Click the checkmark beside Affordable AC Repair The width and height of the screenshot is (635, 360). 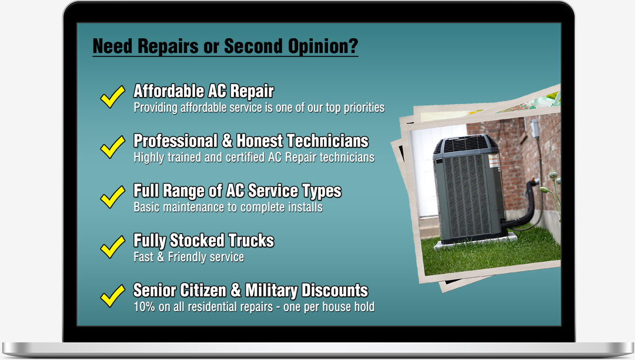click(112, 97)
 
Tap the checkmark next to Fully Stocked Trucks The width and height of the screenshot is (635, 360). click(112, 246)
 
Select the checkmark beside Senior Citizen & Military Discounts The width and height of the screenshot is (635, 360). click(112, 296)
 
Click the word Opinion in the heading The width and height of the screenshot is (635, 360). click(323, 46)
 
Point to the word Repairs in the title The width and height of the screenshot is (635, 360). click(168, 46)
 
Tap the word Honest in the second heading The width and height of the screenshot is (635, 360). click(260, 141)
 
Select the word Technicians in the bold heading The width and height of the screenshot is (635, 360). click(327, 141)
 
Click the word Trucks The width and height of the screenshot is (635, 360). click(251, 241)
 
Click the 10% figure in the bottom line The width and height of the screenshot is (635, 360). click(144, 306)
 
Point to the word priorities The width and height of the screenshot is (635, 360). click(364, 108)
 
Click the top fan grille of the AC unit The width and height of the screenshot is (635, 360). click(466, 144)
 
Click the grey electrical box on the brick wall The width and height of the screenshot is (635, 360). click(534, 128)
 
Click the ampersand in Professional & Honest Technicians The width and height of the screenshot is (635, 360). click(227, 141)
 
